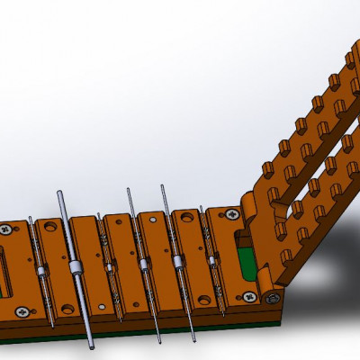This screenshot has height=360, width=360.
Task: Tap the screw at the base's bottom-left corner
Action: (21, 312)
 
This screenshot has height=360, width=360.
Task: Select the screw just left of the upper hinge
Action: (232, 214)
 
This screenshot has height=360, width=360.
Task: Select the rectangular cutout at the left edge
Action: (4, 270)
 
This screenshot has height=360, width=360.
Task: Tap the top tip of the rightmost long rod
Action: (163, 187)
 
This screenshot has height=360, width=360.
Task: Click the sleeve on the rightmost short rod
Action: (212, 261)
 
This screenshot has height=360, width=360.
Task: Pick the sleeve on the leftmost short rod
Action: (40, 271)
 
